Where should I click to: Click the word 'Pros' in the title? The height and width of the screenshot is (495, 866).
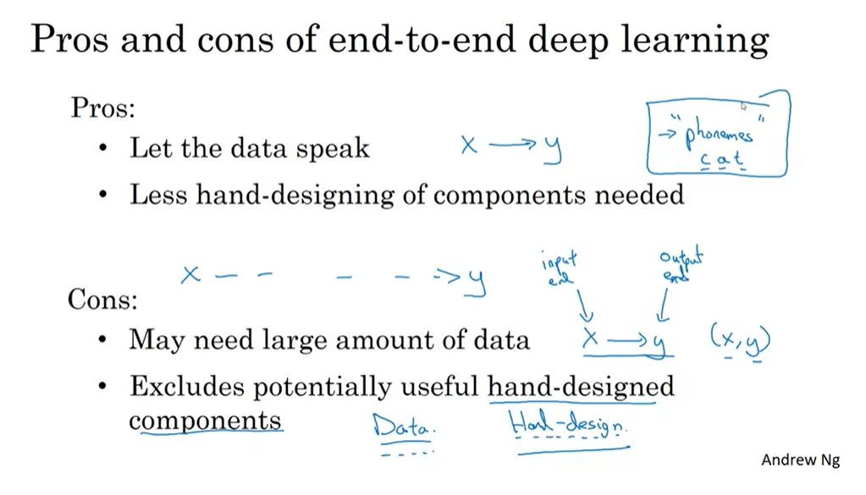[x=71, y=41]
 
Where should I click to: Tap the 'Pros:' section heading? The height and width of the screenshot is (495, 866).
[x=102, y=108]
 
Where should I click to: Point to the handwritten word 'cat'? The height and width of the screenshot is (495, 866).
[x=722, y=158]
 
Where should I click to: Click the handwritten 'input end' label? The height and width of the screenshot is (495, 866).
[x=560, y=269]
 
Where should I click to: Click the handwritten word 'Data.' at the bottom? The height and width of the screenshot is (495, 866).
[x=403, y=426]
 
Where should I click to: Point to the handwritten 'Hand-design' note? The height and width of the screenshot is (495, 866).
[x=568, y=424]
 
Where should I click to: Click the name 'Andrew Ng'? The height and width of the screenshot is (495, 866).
[x=800, y=460]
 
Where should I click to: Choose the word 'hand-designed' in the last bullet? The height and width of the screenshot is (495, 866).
[x=581, y=387]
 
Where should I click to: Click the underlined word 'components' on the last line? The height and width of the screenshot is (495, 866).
[x=205, y=420]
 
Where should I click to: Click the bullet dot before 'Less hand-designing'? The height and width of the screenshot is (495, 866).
[x=103, y=195]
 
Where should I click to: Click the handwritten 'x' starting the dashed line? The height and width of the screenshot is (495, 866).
[x=191, y=274]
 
